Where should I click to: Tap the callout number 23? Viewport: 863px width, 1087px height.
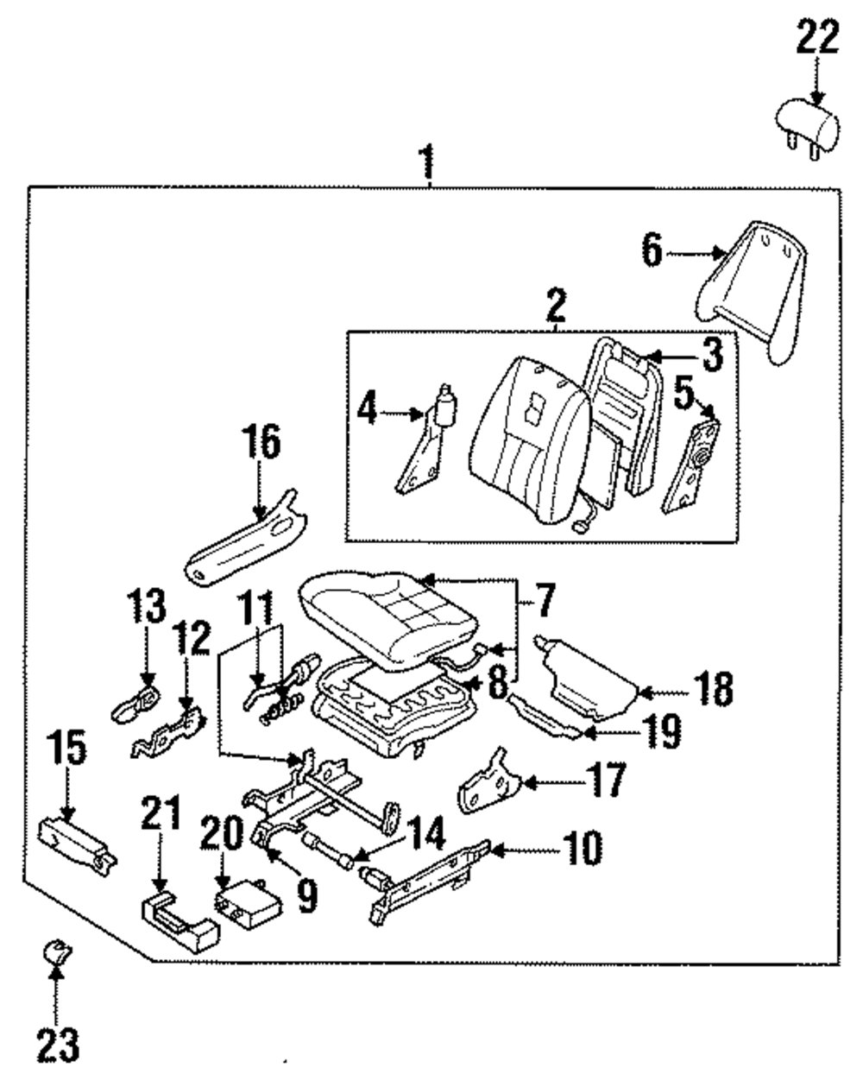58,1046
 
